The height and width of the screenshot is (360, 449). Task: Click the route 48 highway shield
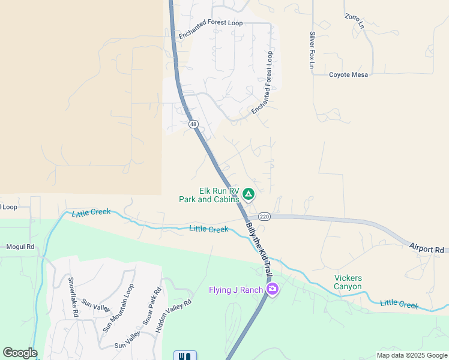click(x=193, y=124)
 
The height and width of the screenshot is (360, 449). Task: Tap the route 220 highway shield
click(x=265, y=216)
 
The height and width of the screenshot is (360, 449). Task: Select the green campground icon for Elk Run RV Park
click(x=249, y=194)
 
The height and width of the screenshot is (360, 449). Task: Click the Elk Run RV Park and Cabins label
click(x=209, y=195)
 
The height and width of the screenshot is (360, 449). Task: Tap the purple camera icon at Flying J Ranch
click(x=273, y=289)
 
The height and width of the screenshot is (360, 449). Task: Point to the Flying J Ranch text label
click(x=236, y=290)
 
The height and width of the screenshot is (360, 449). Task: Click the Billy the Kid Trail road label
click(x=260, y=249)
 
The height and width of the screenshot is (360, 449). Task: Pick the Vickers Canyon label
click(x=348, y=282)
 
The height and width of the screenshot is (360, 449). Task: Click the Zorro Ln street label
click(x=355, y=22)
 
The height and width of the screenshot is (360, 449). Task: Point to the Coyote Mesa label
click(x=348, y=75)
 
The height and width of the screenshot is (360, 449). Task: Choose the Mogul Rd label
click(x=20, y=247)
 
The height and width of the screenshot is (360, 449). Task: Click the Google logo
click(x=20, y=353)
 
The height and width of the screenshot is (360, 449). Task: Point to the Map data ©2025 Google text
click(x=411, y=355)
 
